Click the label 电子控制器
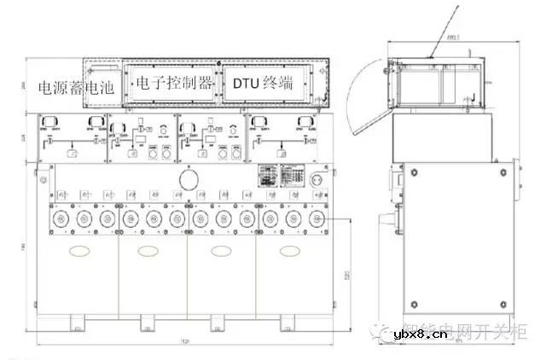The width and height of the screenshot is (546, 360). [x=173, y=84]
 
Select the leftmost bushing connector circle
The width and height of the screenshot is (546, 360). [x=61, y=219]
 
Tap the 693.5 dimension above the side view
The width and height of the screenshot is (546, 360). [x=452, y=38]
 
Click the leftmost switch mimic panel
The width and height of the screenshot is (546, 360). [x=72, y=138]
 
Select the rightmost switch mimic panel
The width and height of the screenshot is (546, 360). [x=282, y=138]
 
